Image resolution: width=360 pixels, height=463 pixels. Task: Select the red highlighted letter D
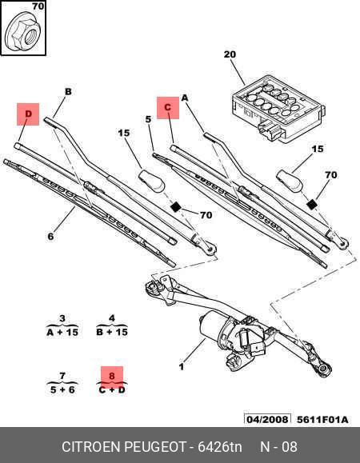(28, 114)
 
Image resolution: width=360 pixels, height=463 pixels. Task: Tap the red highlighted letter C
(167, 106)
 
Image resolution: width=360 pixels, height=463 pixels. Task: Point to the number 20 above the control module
(230, 54)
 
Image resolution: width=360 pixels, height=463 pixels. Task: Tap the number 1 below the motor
(182, 367)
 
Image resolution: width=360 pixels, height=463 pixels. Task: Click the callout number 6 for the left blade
(50, 236)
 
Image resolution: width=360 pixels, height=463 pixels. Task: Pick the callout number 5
(149, 119)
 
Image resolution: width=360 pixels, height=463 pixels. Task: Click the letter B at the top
(68, 92)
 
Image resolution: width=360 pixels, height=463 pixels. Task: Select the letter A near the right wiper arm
(184, 98)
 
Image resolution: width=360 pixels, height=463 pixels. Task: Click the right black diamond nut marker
(311, 204)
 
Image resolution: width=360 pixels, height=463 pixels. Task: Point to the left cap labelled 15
(152, 180)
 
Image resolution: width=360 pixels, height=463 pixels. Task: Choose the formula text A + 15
(62, 331)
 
